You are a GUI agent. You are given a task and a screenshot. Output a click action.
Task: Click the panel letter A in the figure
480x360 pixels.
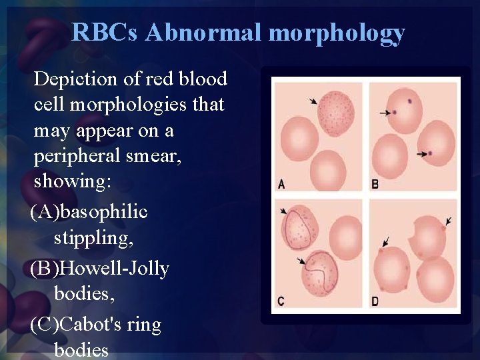[281, 184]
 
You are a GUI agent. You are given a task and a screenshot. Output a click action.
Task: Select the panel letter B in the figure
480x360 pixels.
[375, 184]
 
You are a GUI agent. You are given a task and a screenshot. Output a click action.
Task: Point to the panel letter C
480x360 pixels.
[281, 301]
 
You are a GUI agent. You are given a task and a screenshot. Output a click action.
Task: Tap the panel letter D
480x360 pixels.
[375, 301]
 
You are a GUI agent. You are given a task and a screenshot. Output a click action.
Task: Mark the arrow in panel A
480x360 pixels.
[313, 101]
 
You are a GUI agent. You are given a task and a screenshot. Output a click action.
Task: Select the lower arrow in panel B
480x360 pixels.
[422, 154]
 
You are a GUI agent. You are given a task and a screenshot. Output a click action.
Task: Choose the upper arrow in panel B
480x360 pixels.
[385, 113]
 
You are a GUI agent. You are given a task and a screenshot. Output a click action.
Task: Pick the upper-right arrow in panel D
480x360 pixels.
[449, 220]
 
